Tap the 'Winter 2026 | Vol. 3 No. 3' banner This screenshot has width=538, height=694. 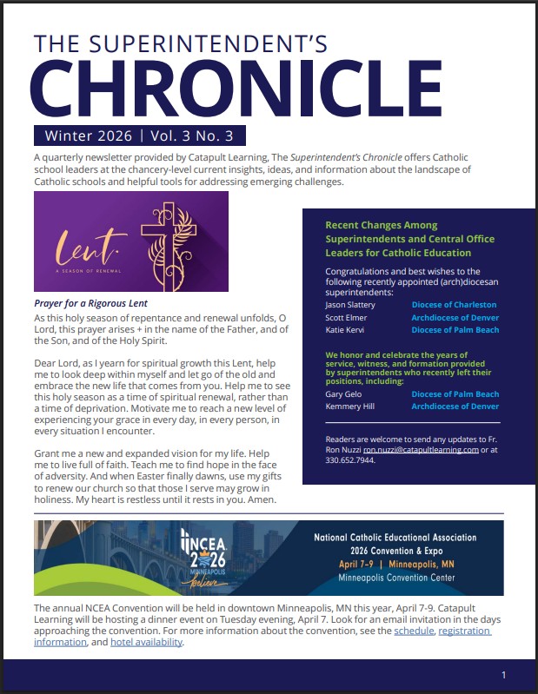coord(140,135)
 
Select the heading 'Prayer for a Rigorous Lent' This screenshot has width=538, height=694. coord(90,303)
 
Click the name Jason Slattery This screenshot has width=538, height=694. coord(349,305)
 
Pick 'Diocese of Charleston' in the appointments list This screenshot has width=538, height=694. coord(454,305)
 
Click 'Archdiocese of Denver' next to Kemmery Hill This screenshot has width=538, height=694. coord(455,406)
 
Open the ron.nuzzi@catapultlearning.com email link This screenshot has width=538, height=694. coord(421,450)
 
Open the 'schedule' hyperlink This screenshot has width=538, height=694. coord(413,631)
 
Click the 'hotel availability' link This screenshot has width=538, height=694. coord(148,643)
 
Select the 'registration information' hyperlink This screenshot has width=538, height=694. coord(60,643)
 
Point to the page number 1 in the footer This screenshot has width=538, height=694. coord(504,675)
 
